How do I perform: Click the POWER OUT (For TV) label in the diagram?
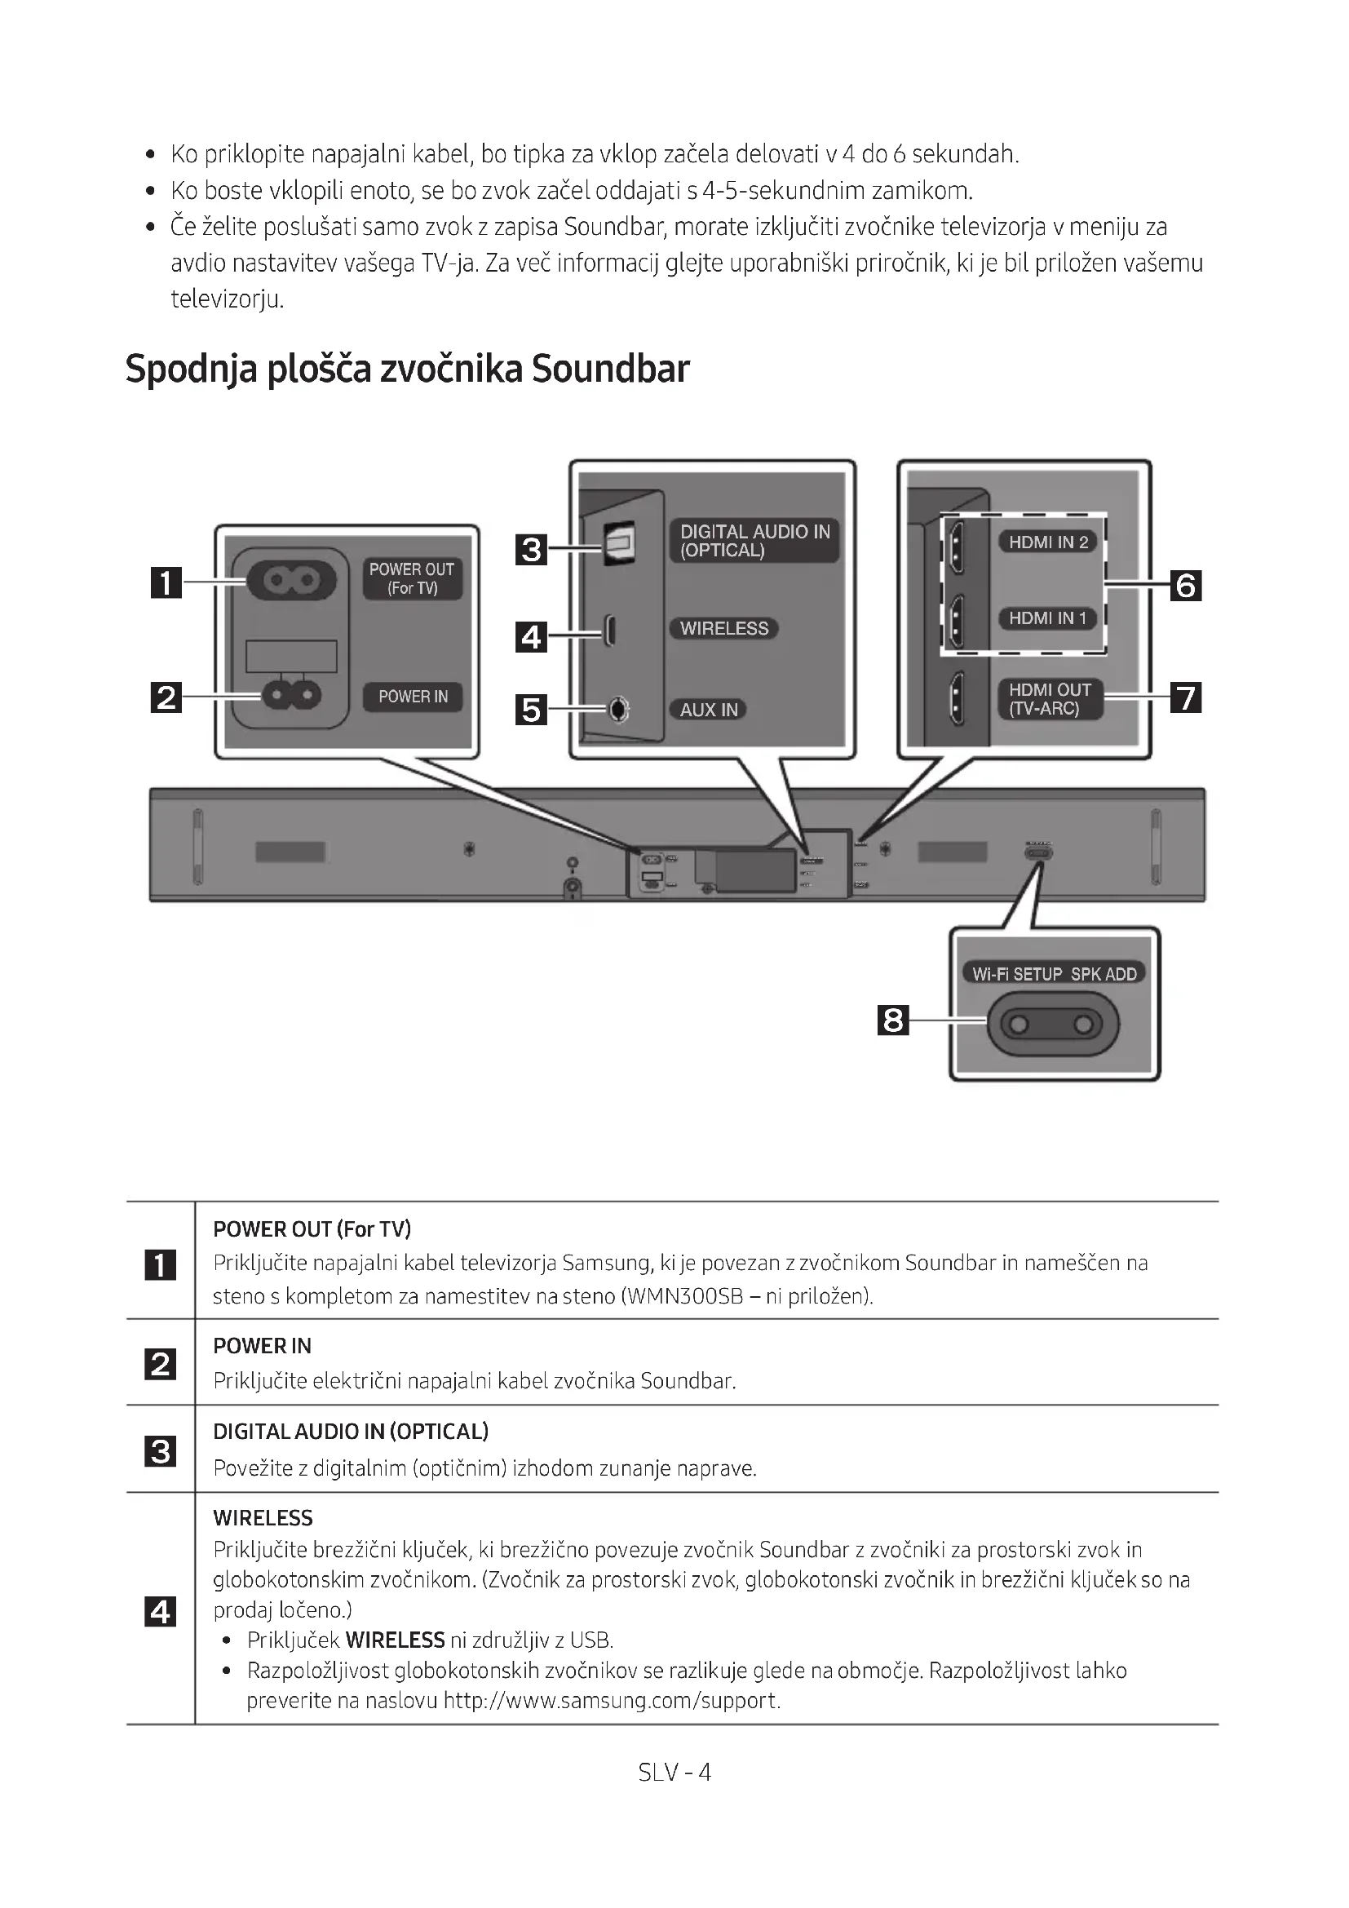point(412,578)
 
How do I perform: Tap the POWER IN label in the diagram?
point(413,697)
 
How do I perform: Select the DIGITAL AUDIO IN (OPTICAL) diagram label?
point(754,541)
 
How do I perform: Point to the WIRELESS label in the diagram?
point(723,628)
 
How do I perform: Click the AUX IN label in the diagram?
point(709,710)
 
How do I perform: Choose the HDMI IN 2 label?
point(1047,542)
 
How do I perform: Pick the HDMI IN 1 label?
point(1046,618)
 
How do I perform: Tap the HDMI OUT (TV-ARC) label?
point(1049,699)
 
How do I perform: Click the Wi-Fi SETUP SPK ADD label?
point(1054,974)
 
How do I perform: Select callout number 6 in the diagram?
point(1185,586)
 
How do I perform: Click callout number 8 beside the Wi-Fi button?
point(893,1020)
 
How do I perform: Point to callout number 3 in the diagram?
point(531,549)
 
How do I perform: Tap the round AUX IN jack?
point(618,709)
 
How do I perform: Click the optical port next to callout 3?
point(618,542)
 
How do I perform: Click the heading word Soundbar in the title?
point(611,369)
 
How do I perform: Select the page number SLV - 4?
point(674,1772)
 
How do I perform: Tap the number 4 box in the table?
point(161,1611)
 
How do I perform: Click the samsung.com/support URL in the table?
point(612,1699)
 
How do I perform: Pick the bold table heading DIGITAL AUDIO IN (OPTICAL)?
point(351,1431)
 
